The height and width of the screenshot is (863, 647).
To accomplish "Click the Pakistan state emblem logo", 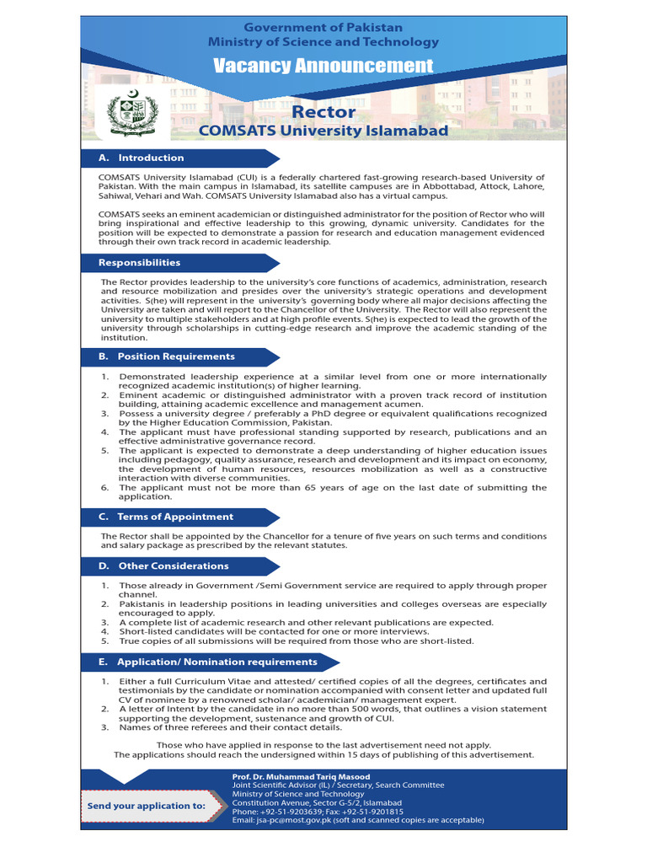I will coord(132,114).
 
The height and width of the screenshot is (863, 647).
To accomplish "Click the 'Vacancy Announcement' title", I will coord(323,66).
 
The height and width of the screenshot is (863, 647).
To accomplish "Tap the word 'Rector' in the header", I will coord(323,112).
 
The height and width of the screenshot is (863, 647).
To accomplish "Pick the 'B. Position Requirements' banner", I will coord(176,356).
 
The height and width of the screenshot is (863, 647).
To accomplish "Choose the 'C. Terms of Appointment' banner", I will coord(175,517).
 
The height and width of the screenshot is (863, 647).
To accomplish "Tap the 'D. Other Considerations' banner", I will coord(174,566).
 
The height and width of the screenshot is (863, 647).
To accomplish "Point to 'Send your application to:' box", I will coord(147,806).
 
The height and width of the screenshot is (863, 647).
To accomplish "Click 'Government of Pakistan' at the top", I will coord(323,28).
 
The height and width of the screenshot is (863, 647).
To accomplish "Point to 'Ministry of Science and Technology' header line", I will coord(323,42).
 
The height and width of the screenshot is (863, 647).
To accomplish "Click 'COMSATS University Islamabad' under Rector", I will coord(323,131).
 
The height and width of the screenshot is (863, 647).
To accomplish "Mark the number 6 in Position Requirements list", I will coord(104,488).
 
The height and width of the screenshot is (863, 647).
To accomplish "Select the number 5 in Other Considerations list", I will coord(104,641).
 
